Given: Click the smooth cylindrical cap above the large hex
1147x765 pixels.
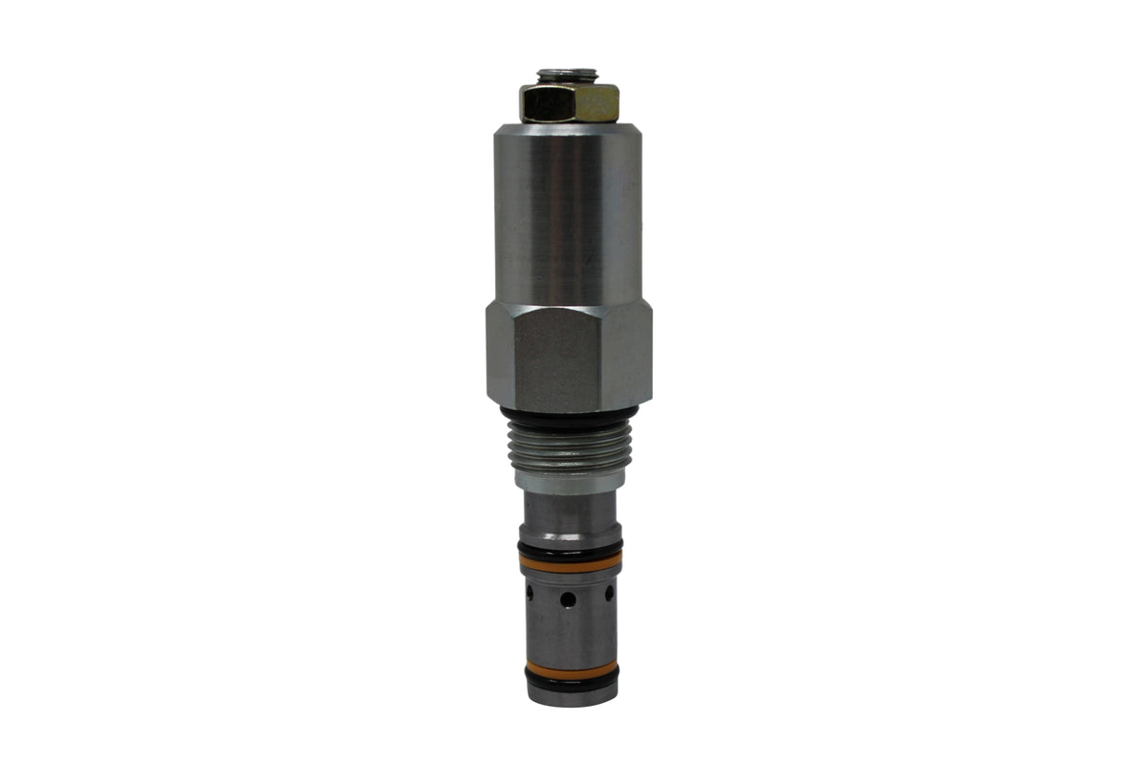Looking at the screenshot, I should pyautogui.click(x=568, y=210).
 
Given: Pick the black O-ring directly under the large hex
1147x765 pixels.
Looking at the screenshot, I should pyautogui.click(x=569, y=415).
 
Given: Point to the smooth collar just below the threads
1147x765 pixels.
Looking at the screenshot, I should pyautogui.click(x=569, y=479).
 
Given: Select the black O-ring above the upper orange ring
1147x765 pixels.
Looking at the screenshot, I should pyautogui.click(x=570, y=549).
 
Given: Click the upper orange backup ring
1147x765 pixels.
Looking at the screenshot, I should pyautogui.click(x=570, y=563).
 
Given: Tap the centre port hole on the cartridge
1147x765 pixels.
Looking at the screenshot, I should pyautogui.click(x=568, y=600).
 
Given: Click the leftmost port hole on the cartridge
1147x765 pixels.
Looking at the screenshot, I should pyautogui.click(x=529, y=593).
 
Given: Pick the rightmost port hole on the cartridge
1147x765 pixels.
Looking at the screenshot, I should pyautogui.click(x=610, y=593).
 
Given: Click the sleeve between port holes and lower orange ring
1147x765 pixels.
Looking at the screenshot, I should pyautogui.click(x=570, y=636).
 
